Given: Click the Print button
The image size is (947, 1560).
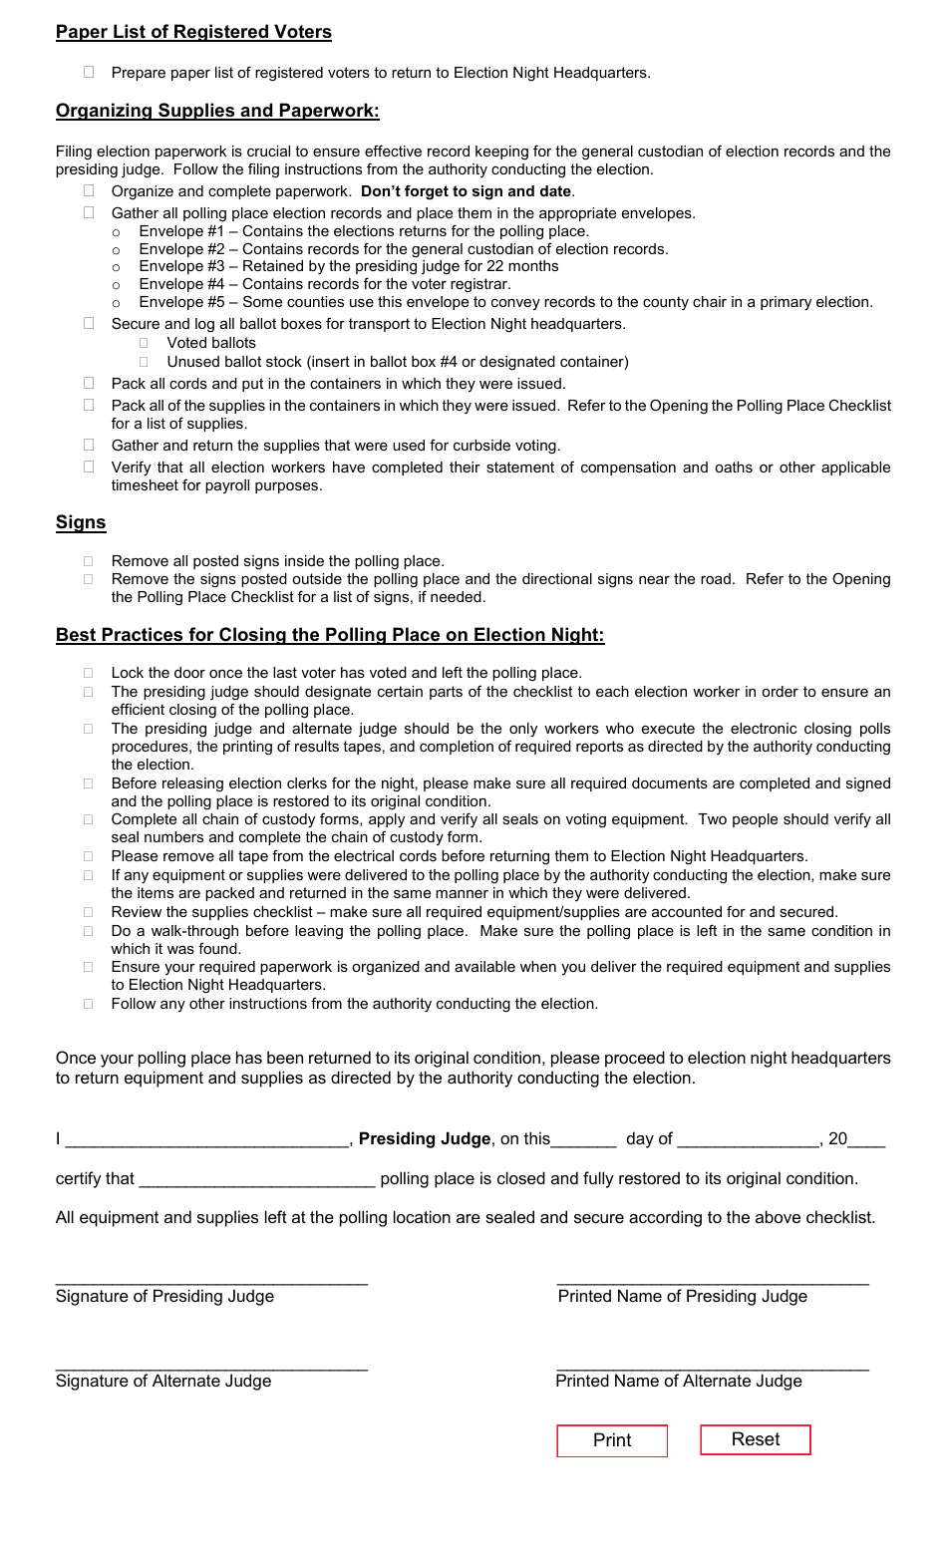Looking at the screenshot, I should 612,1440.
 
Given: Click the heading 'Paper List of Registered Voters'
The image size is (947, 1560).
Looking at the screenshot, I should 193,32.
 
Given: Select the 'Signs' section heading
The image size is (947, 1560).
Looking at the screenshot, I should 81,522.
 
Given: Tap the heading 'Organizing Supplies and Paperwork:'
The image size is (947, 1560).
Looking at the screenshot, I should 217,111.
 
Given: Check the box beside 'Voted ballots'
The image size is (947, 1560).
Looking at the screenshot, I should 145,343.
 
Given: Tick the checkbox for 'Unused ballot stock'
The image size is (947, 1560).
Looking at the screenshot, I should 145,362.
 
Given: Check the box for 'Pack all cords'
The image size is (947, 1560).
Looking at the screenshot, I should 89,384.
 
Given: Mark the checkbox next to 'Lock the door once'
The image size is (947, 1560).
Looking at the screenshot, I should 89,673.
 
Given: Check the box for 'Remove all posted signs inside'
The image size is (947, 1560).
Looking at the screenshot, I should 89,561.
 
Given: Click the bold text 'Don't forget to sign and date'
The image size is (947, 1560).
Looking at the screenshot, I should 467,191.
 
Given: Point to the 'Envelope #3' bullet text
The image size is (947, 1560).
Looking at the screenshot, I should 348,266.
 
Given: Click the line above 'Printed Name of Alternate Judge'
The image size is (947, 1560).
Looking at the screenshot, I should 713,1368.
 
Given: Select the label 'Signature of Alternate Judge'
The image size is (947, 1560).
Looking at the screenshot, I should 163,1381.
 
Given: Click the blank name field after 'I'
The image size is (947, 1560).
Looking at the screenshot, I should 206,1140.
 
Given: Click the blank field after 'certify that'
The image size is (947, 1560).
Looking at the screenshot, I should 257,1180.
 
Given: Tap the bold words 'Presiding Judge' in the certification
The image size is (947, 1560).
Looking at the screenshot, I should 425,1138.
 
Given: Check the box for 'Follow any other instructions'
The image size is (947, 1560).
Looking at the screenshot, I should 89,1004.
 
